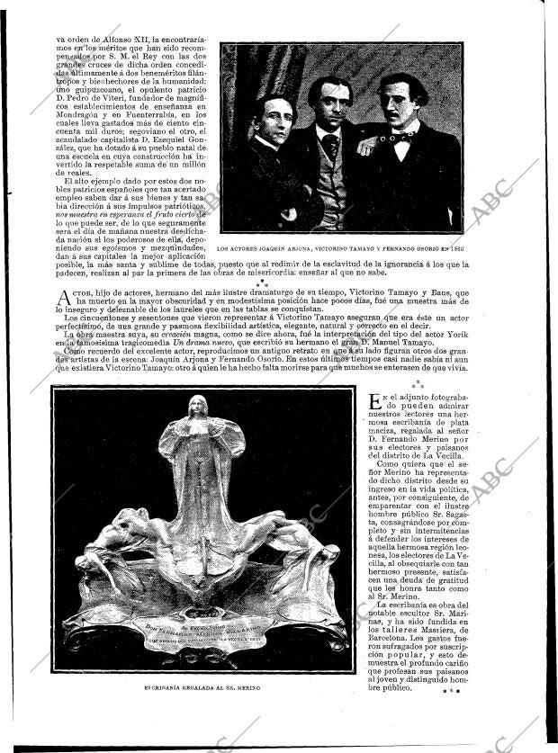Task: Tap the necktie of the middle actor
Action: (x=331, y=143)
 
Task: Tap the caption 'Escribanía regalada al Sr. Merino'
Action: (x=202, y=687)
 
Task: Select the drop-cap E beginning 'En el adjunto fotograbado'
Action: (x=376, y=402)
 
